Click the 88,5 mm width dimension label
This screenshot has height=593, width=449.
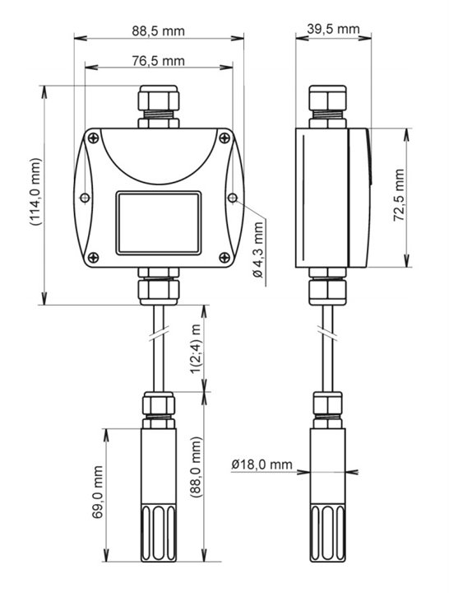[158, 30]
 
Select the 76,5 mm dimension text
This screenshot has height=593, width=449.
[158, 60]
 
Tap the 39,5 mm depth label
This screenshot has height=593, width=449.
[333, 29]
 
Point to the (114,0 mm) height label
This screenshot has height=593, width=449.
[36, 192]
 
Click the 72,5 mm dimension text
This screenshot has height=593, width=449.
[399, 195]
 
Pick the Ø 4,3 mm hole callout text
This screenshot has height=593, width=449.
[258, 250]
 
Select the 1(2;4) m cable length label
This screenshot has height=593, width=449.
[196, 348]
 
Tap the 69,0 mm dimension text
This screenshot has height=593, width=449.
[97, 493]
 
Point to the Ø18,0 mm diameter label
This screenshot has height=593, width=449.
[262, 464]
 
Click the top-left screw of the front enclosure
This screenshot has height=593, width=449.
[93, 138]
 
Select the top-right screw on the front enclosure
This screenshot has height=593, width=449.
[224, 138]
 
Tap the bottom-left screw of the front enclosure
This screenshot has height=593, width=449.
[93, 258]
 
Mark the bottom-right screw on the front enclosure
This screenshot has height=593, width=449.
[224, 258]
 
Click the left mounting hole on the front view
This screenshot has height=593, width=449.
[85, 198]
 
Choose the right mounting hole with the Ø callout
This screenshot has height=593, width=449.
[233, 198]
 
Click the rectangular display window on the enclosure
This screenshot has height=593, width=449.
[159, 222]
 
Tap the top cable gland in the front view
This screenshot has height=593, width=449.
[159, 107]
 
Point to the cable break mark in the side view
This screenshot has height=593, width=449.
[328, 334]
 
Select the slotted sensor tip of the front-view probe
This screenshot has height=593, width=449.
[159, 533]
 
